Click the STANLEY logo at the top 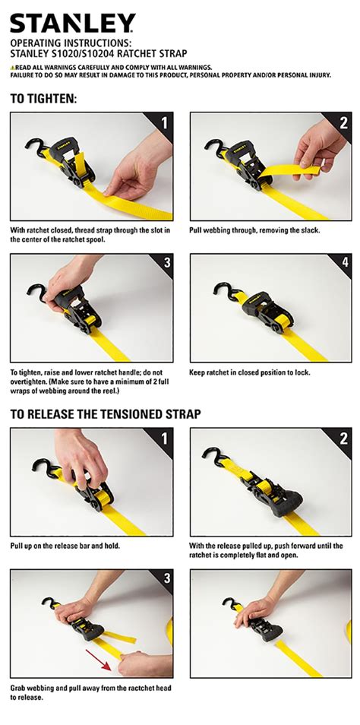point(73,23)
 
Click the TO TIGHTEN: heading point(43,99)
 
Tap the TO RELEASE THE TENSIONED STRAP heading point(106,414)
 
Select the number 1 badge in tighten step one point(164,123)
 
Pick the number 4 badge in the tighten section point(345,263)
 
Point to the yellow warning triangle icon point(11,68)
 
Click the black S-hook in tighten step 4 point(224,290)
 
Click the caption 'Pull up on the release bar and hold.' point(65,546)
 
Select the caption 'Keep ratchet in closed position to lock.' point(250,372)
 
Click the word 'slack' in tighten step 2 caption point(309,230)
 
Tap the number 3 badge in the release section point(165,578)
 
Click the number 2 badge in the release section point(344,438)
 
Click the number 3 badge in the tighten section point(166,263)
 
